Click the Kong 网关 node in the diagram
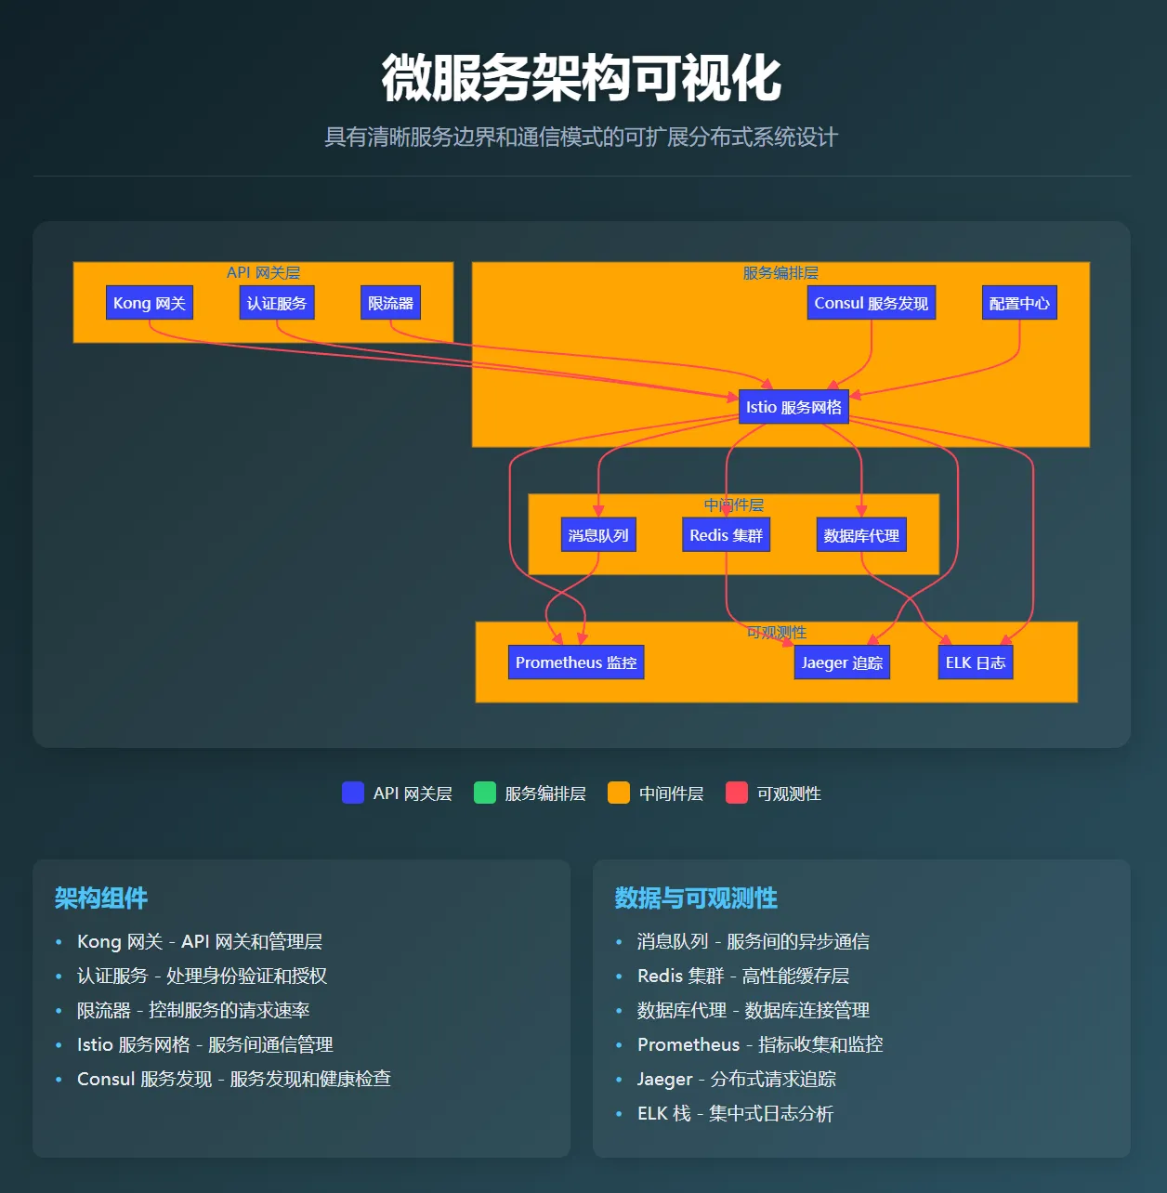click(x=150, y=303)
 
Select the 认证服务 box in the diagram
click(x=277, y=303)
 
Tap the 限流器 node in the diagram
click(x=390, y=303)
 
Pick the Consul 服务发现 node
click(x=871, y=303)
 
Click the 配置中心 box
click(x=1019, y=303)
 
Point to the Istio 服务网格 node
click(x=793, y=407)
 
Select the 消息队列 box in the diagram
click(x=598, y=535)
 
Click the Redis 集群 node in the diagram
click(x=726, y=535)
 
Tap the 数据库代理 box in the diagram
click(x=861, y=535)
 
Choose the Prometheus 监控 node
click(x=576, y=662)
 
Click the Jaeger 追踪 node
click(x=842, y=662)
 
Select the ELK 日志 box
click(x=976, y=662)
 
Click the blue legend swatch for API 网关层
click(x=353, y=793)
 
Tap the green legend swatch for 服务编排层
click(x=485, y=793)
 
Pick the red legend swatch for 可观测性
click(x=737, y=793)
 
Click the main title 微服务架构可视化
click(x=582, y=78)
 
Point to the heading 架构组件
click(x=101, y=898)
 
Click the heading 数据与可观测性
click(x=696, y=898)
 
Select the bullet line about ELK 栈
click(x=735, y=1113)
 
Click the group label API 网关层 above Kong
click(x=263, y=273)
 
